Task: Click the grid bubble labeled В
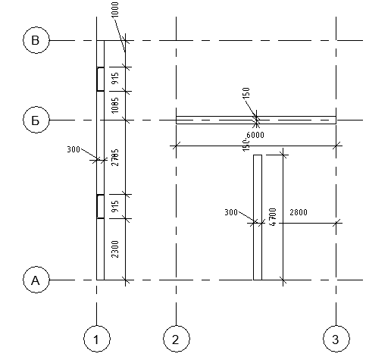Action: pyautogui.click(x=36, y=40)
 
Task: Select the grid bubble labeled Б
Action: pyautogui.click(x=36, y=120)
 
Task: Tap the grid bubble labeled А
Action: pyautogui.click(x=36, y=280)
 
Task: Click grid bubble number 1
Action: pyautogui.click(x=97, y=339)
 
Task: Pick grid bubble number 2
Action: pyautogui.click(x=177, y=339)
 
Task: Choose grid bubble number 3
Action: pyautogui.click(x=336, y=339)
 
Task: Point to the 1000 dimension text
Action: pyautogui.click(x=114, y=10)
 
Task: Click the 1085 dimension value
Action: pyautogui.click(x=114, y=105)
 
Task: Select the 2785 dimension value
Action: pyautogui.click(x=114, y=158)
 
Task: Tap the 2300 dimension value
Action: pyautogui.click(x=114, y=249)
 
